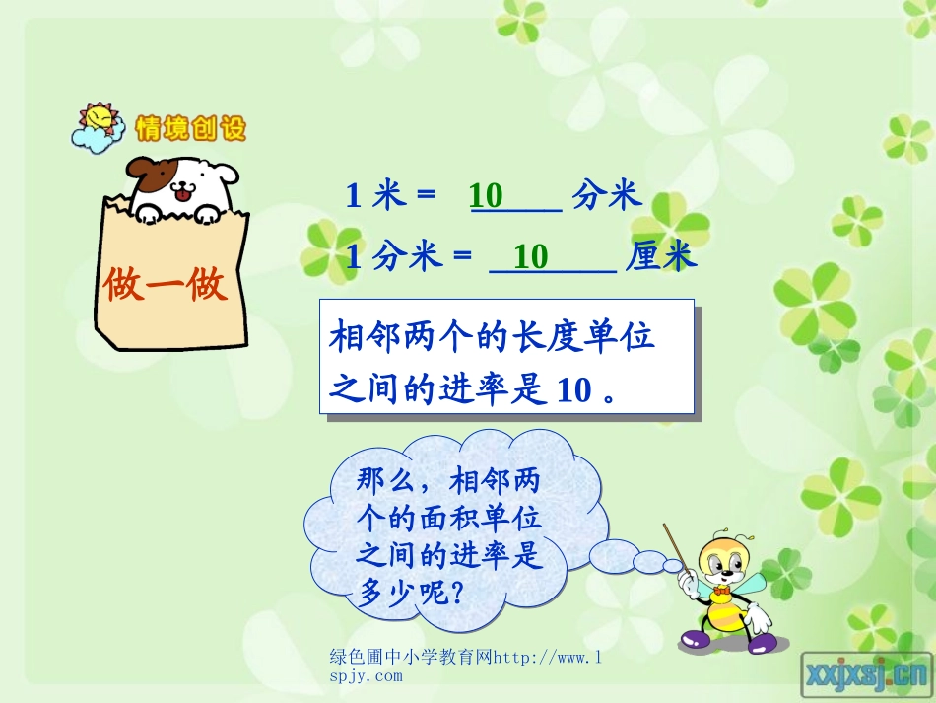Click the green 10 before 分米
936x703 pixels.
coord(487,195)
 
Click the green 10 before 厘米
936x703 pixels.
coord(531,257)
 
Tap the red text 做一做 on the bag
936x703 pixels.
coord(166,285)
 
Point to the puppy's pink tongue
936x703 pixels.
coord(182,198)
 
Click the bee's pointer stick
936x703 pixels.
coord(681,553)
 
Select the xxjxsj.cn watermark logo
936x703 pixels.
coord(866,673)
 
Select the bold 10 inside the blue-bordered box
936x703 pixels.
coord(572,390)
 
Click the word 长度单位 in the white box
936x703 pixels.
coord(581,338)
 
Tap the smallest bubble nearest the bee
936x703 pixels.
coord(673,565)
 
